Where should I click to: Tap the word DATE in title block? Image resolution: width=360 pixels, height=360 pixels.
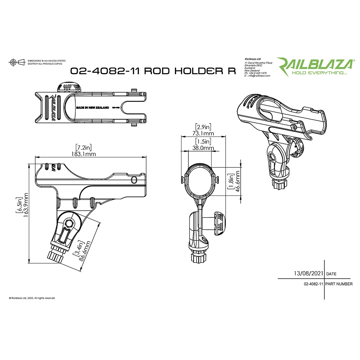coord(331,274)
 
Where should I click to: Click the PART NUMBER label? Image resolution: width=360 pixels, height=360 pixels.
coord(339,284)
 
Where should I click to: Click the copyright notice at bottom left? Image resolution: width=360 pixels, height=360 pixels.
coord(32,298)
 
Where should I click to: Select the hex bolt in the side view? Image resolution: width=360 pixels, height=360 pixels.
coord(69,223)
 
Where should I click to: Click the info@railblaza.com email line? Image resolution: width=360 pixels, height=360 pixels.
coord(257,76)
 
